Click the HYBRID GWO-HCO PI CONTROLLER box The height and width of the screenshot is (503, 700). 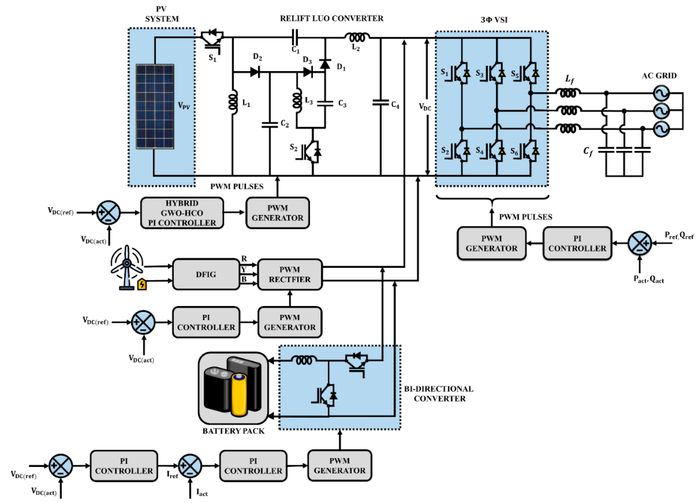pos(182,213)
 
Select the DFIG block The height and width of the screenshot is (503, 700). pos(206,274)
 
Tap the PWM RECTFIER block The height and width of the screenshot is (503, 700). pos(289,274)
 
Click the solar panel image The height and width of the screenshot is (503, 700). pos(155,106)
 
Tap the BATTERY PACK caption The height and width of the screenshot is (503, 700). pos(233,431)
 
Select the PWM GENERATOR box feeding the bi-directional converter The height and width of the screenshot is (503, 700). pos(339,466)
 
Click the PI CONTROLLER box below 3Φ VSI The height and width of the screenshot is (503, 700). pos(577,244)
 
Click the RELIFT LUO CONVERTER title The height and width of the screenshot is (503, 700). pos(332,18)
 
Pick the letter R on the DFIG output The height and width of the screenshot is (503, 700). pos(244,258)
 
